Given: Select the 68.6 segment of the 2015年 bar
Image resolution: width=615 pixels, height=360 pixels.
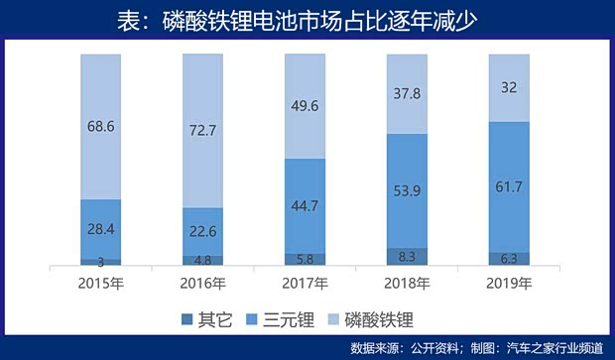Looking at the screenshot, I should (100, 127).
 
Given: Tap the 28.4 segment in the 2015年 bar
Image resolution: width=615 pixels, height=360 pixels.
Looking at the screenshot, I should (100, 230).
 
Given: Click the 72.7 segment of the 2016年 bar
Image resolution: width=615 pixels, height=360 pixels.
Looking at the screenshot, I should (202, 131).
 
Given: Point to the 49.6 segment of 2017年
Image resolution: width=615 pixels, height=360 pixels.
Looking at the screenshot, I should (305, 106).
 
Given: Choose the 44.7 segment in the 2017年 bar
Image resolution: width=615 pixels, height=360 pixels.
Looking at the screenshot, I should (305, 206).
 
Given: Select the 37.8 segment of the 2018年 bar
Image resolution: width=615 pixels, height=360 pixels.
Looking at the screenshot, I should (407, 94).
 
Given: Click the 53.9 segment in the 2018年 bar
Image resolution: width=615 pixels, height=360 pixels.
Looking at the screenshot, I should (407, 190).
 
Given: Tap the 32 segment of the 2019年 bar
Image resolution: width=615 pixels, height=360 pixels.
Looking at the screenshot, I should (509, 87).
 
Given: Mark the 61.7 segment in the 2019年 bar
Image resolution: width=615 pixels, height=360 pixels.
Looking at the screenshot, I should (509, 186).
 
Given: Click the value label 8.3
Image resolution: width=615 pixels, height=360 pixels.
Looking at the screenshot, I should (407, 255).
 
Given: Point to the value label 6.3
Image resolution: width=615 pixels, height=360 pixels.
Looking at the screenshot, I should (509, 258).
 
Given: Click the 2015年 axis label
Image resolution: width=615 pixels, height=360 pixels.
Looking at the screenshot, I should (100, 284).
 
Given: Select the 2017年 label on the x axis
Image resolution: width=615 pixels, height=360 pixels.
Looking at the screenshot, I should (305, 284).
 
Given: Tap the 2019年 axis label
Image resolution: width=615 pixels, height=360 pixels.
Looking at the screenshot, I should (509, 284).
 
